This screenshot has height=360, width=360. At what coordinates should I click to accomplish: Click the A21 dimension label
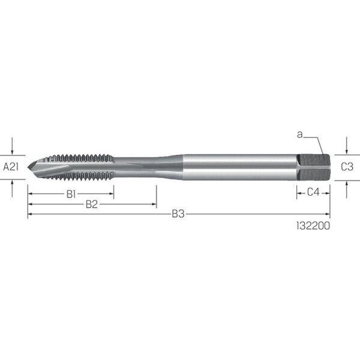click(x=11, y=167)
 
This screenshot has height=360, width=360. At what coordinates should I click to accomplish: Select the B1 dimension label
click(x=71, y=194)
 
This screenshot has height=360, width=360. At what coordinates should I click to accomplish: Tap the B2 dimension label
click(x=92, y=205)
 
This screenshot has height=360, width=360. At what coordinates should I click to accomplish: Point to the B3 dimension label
click(x=178, y=214)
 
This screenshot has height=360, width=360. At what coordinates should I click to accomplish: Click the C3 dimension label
click(x=347, y=167)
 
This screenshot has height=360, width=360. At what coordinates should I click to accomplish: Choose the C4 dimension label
click(x=313, y=192)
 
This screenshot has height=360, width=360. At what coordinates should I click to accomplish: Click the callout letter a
click(x=299, y=135)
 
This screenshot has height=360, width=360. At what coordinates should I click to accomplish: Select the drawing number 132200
click(x=313, y=226)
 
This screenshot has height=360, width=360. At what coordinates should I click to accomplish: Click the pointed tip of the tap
click(x=28, y=167)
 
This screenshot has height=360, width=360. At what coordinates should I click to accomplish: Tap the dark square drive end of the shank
click(x=314, y=167)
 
